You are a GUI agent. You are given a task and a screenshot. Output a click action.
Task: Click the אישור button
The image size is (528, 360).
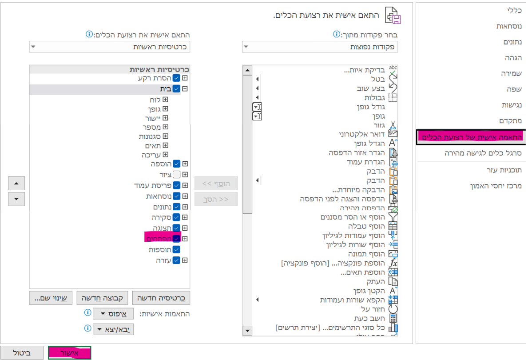point(69,353)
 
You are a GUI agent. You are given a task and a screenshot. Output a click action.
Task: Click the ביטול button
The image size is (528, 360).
point(22,353)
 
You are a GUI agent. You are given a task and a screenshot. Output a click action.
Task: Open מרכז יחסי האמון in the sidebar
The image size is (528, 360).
point(496,186)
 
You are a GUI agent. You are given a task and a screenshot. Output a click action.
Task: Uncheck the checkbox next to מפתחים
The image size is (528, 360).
point(176,238)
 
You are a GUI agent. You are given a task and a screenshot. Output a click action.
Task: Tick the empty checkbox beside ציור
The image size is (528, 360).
point(176,175)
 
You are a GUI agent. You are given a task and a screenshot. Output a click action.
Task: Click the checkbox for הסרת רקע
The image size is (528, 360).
point(176,78)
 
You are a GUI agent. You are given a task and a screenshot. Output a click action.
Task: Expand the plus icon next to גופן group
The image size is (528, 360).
point(165,109)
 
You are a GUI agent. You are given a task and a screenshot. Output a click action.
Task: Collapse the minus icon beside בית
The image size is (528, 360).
point(185,89)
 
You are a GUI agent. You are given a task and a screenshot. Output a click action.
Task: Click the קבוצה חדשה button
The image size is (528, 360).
point(103,298)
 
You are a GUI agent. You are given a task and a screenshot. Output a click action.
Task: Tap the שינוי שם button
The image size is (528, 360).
point(51,298)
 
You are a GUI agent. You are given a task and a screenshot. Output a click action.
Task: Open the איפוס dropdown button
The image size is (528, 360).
point(113,314)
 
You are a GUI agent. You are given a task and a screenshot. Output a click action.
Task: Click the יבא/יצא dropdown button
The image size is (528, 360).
point(113,329)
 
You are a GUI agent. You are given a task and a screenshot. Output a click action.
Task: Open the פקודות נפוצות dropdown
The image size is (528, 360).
point(320,47)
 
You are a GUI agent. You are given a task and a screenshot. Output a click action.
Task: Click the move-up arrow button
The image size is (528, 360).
point(16,183)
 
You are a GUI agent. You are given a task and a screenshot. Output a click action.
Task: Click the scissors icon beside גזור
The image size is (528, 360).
point(393,125)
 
